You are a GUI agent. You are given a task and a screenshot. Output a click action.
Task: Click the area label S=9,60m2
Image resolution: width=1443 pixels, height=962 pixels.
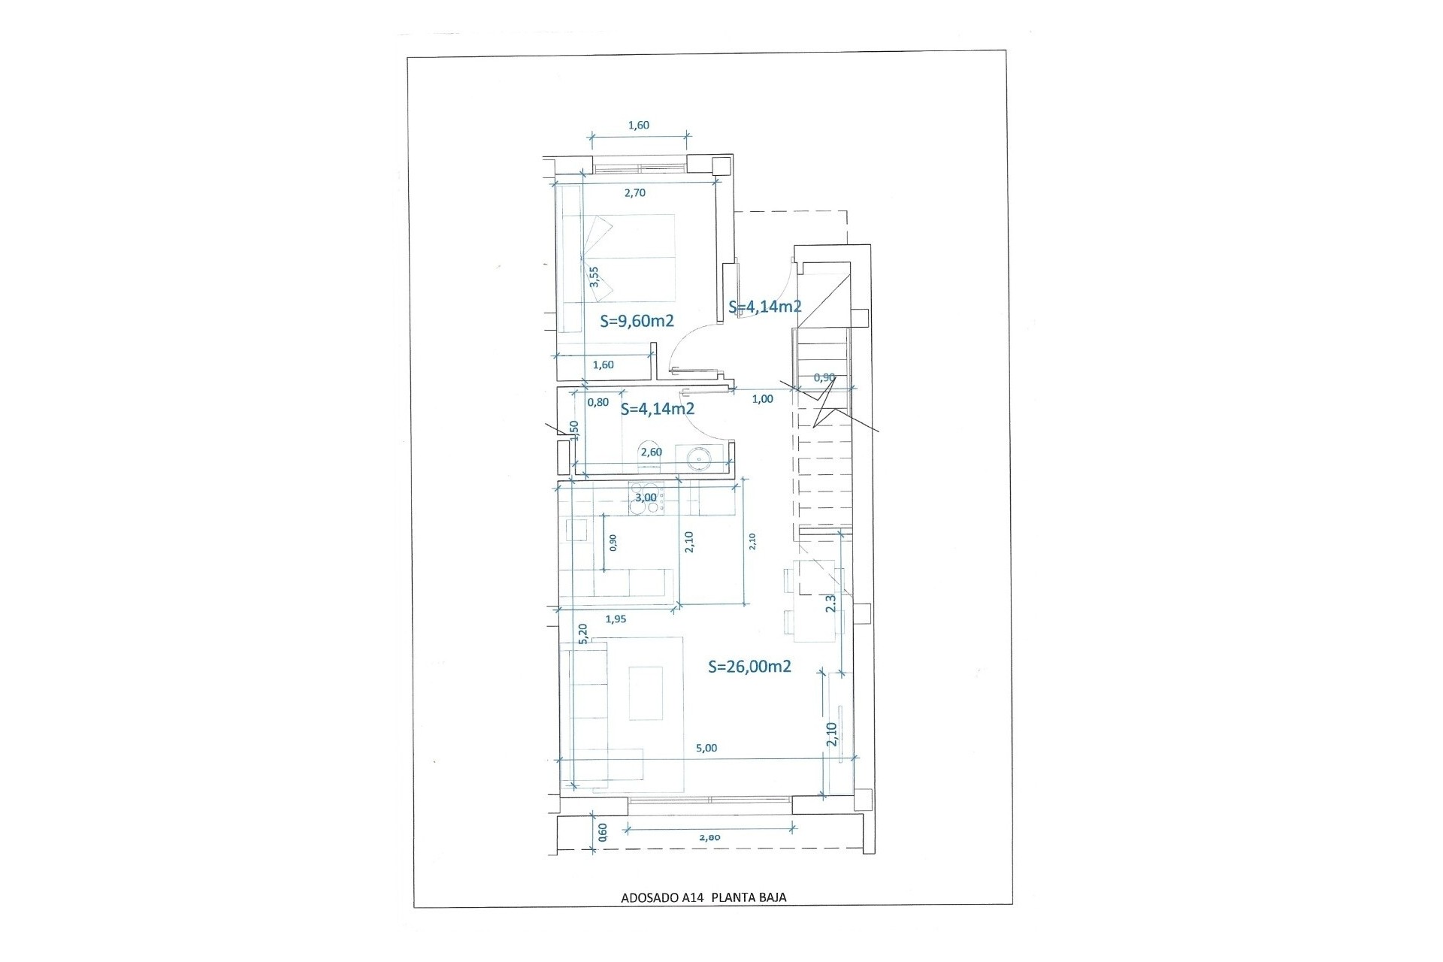637,321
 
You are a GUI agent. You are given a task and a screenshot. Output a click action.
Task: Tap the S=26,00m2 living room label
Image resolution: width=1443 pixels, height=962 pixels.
749,666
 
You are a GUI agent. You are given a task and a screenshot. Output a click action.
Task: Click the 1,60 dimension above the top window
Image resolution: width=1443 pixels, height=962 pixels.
638,126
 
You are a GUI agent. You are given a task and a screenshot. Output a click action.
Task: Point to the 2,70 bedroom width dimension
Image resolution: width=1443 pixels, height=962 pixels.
635,192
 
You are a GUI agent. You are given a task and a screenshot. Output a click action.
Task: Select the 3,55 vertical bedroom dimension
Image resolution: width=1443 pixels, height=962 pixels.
594,277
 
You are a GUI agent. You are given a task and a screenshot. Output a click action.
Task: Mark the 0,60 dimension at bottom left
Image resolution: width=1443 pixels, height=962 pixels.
602,830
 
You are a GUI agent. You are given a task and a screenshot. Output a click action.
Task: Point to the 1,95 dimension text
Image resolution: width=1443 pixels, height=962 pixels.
616,619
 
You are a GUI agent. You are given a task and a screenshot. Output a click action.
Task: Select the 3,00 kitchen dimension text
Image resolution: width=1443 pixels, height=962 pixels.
646,497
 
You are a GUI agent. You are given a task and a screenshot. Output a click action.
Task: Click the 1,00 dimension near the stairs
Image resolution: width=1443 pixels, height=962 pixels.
762,399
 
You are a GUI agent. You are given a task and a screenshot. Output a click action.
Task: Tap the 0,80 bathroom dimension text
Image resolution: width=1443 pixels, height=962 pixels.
597,402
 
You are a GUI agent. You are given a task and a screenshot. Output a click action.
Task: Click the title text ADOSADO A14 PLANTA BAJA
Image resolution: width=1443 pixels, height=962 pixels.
703,897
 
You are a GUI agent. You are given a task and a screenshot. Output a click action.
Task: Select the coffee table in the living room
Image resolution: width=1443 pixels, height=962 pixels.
645,692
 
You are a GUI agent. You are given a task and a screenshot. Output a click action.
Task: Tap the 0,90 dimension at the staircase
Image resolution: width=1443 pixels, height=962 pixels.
824,377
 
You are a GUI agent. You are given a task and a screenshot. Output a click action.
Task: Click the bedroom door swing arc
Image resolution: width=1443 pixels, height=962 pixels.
685,344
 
